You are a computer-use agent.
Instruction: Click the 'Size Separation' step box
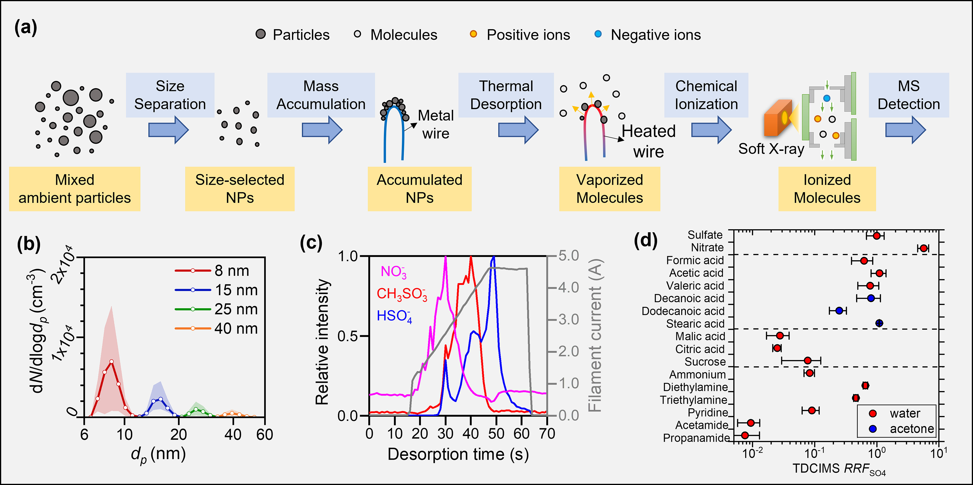170,95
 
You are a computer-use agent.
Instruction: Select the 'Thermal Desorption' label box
506,95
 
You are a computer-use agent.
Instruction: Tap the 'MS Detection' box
908,95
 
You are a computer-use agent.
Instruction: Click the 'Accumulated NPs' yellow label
419,189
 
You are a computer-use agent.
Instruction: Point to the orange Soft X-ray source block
777,118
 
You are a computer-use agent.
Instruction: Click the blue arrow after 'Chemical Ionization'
711,130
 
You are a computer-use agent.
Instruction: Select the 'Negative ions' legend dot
598,34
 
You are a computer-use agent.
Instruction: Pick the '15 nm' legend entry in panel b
216,290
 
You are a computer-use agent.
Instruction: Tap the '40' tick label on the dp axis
233,435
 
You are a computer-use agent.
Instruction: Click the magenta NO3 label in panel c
393,271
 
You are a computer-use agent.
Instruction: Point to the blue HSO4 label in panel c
394,316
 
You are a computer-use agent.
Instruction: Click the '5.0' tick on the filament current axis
568,256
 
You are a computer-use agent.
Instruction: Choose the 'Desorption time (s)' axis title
458,454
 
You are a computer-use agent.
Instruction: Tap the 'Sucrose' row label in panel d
705,362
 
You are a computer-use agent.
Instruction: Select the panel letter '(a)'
26,27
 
